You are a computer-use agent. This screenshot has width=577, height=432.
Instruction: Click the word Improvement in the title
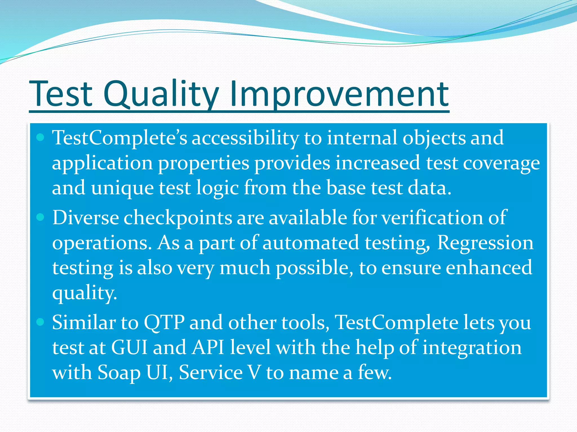339,94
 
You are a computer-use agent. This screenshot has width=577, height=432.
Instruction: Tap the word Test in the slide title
61,94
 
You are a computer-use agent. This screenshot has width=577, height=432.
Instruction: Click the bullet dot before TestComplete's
41,137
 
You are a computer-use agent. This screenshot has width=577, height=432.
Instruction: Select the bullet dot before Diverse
41,217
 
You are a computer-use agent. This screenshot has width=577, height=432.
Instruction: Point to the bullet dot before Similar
41,322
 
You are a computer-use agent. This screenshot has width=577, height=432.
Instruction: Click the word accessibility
245,138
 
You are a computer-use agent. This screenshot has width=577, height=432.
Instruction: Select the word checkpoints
177,218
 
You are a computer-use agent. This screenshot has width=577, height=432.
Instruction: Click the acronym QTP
164,323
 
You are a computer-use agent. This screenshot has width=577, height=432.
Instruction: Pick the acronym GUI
129,348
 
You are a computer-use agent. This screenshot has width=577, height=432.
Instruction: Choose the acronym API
208,348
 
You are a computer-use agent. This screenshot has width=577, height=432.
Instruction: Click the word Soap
119,373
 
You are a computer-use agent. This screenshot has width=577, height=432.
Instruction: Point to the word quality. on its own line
85,293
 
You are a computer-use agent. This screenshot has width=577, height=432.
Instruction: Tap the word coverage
501,163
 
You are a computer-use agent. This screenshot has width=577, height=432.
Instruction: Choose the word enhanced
489,268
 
